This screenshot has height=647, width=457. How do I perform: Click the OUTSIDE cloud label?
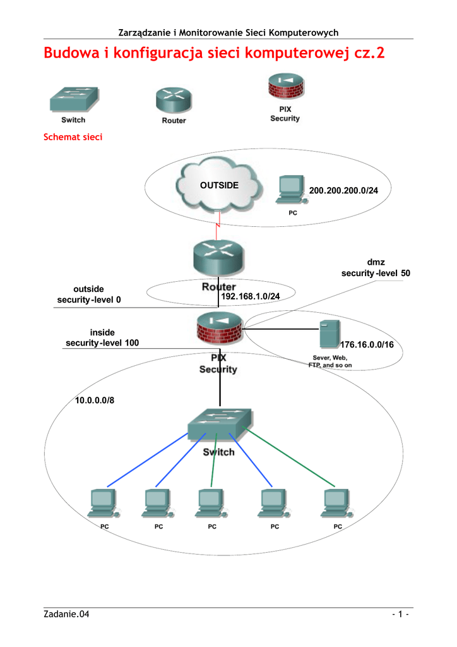click(x=219, y=185)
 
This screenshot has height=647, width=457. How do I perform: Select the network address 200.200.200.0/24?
click(x=343, y=191)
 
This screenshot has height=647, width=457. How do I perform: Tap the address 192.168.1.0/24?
click(x=250, y=296)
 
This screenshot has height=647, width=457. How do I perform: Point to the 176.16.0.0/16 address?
click(x=367, y=345)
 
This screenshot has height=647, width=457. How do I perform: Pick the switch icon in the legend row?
click(x=74, y=99)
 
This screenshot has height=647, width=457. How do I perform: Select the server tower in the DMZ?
click(x=329, y=334)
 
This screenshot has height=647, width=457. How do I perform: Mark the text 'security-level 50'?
click(x=376, y=273)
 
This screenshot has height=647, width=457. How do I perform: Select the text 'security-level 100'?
click(x=102, y=342)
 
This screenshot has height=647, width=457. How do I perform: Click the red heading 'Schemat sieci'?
click(x=73, y=137)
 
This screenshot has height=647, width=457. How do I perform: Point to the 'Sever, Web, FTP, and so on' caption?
click(x=329, y=361)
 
